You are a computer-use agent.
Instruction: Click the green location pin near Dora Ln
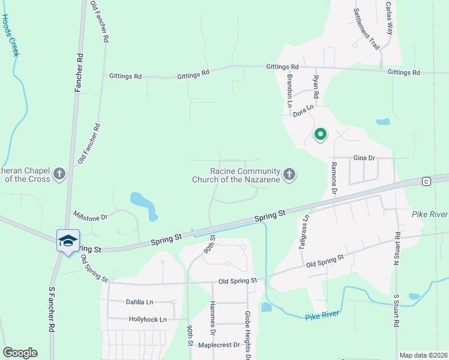(x=320, y=134)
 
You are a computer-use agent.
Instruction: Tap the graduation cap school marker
(x=68, y=241)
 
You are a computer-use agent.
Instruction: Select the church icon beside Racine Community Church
(x=289, y=175)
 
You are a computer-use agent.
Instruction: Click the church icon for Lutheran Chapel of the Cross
(x=59, y=174)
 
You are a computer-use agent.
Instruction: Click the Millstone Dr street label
(x=90, y=215)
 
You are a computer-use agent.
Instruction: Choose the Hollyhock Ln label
(x=148, y=319)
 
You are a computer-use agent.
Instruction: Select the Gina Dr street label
(x=364, y=158)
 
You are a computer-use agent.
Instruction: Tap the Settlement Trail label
(x=367, y=29)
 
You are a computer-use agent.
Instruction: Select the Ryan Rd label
(x=316, y=86)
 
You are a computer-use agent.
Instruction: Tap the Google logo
(x=20, y=353)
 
